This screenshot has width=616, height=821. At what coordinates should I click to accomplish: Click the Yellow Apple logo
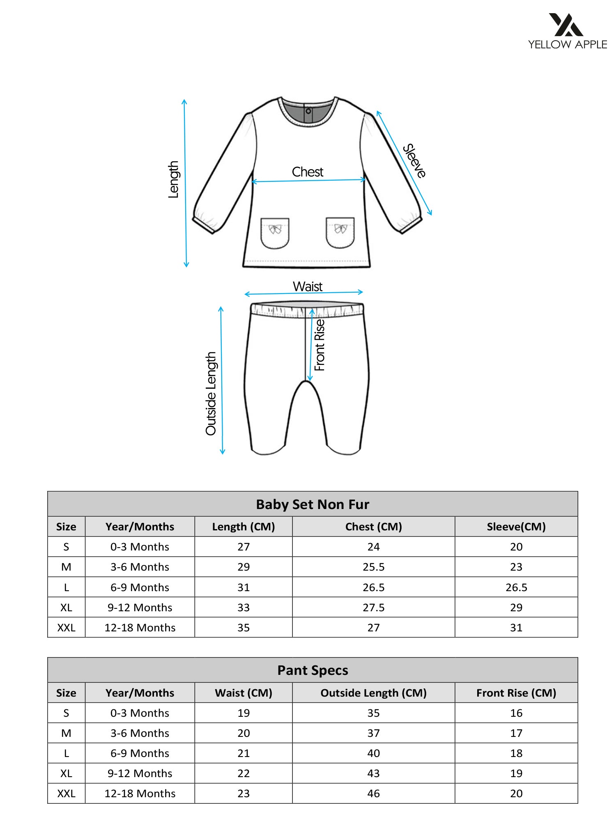point(567,31)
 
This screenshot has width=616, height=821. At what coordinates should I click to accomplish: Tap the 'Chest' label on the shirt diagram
point(308,172)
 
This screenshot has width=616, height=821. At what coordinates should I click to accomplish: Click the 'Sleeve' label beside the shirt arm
point(414,161)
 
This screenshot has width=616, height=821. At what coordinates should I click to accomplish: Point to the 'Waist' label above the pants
point(308,286)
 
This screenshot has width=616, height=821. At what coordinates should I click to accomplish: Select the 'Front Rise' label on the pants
point(319,345)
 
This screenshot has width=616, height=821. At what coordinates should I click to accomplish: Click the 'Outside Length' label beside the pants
point(211,393)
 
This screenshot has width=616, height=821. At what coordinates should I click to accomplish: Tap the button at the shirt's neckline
point(308,111)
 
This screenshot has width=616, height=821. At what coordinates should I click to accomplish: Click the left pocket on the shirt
point(275,233)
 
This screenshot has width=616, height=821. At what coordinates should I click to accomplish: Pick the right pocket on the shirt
point(340,232)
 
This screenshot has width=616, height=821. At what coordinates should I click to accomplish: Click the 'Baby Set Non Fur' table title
point(313,504)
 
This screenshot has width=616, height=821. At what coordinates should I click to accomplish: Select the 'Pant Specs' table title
point(313,670)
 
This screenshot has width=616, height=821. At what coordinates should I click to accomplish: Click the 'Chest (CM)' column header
point(373,527)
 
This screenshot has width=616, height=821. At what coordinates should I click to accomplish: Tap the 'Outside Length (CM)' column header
point(373,693)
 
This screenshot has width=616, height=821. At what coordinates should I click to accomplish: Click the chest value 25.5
point(373,567)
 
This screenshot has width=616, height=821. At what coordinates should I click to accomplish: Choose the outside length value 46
point(373,793)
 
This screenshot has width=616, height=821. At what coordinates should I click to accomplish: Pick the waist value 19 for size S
point(244,713)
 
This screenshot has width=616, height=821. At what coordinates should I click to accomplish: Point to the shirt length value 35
point(244,628)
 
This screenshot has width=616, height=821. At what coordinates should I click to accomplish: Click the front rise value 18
point(516,753)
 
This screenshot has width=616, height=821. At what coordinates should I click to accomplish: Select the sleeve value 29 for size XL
point(516,608)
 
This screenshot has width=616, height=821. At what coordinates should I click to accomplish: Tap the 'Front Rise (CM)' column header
point(516,693)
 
